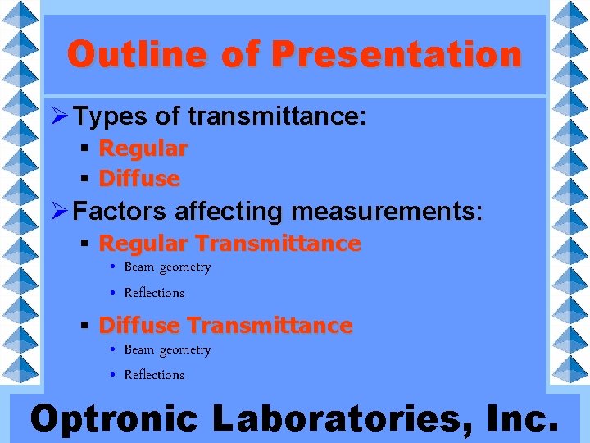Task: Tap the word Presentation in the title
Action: click(x=396, y=55)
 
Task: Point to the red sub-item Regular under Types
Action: click(x=143, y=148)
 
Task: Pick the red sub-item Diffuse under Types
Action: click(x=138, y=178)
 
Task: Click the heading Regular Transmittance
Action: click(x=229, y=244)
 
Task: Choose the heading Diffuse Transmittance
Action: click(x=225, y=326)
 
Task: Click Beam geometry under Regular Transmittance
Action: click(x=167, y=267)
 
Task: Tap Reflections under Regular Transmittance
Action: click(x=154, y=293)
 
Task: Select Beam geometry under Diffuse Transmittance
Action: click(x=167, y=350)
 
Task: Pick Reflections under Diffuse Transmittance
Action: click(x=154, y=375)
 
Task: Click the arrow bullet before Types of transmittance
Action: click(x=60, y=117)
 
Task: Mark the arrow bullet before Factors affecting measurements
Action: click(x=60, y=212)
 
